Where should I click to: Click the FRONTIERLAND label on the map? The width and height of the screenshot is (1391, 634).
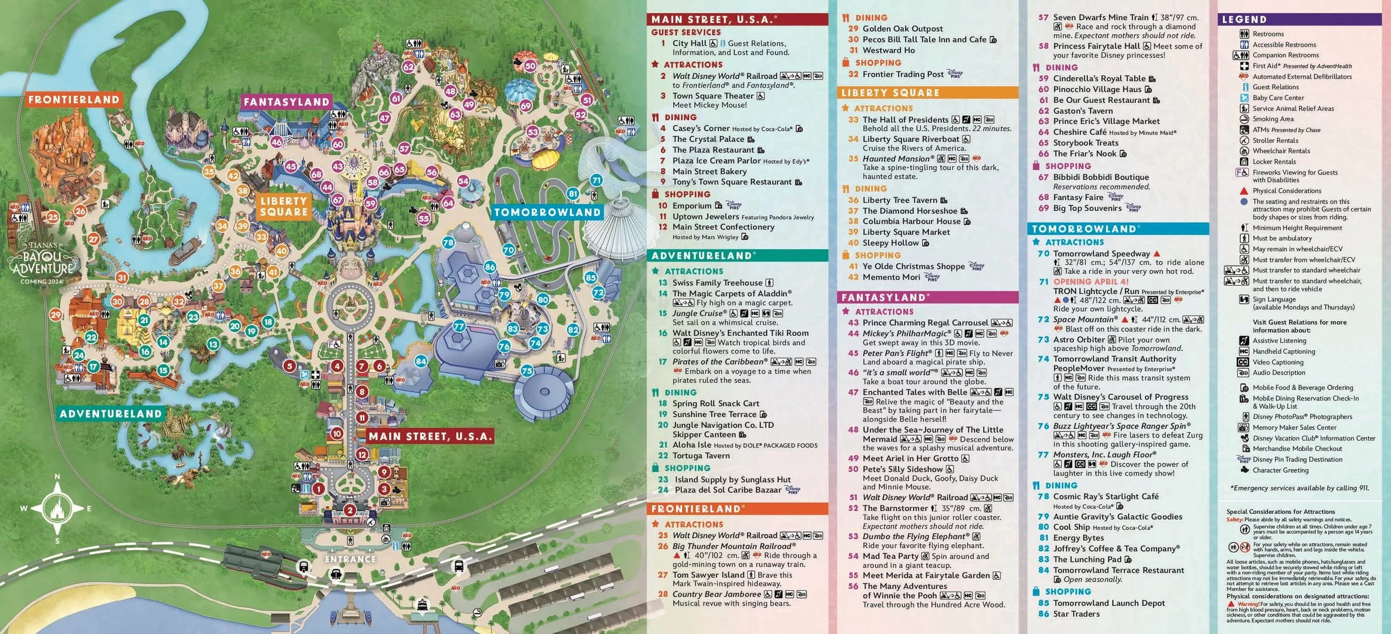coord(73,100)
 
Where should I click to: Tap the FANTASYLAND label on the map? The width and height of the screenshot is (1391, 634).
coord(287,102)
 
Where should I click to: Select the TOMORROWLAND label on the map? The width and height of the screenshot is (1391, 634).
coord(547,212)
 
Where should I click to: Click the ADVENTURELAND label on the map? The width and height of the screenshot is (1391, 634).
coord(111,414)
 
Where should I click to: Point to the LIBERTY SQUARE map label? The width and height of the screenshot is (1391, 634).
coord(284,206)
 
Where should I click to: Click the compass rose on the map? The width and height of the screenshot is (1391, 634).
coord(57,508)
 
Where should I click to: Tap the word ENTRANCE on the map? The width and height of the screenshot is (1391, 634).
coord(350,559)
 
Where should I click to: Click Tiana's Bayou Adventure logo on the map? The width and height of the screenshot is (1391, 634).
coord(43,262)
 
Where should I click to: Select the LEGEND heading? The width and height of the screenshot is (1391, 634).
coord(1244,19)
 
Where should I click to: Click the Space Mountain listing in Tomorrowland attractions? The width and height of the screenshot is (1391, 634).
coord(1084,320)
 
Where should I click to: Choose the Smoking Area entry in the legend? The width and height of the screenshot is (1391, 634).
coord(1273,119)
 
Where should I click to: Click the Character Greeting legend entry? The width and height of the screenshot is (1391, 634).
coord(1280,470)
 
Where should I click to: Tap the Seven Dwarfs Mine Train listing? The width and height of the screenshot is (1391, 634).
coord(1100,17)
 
